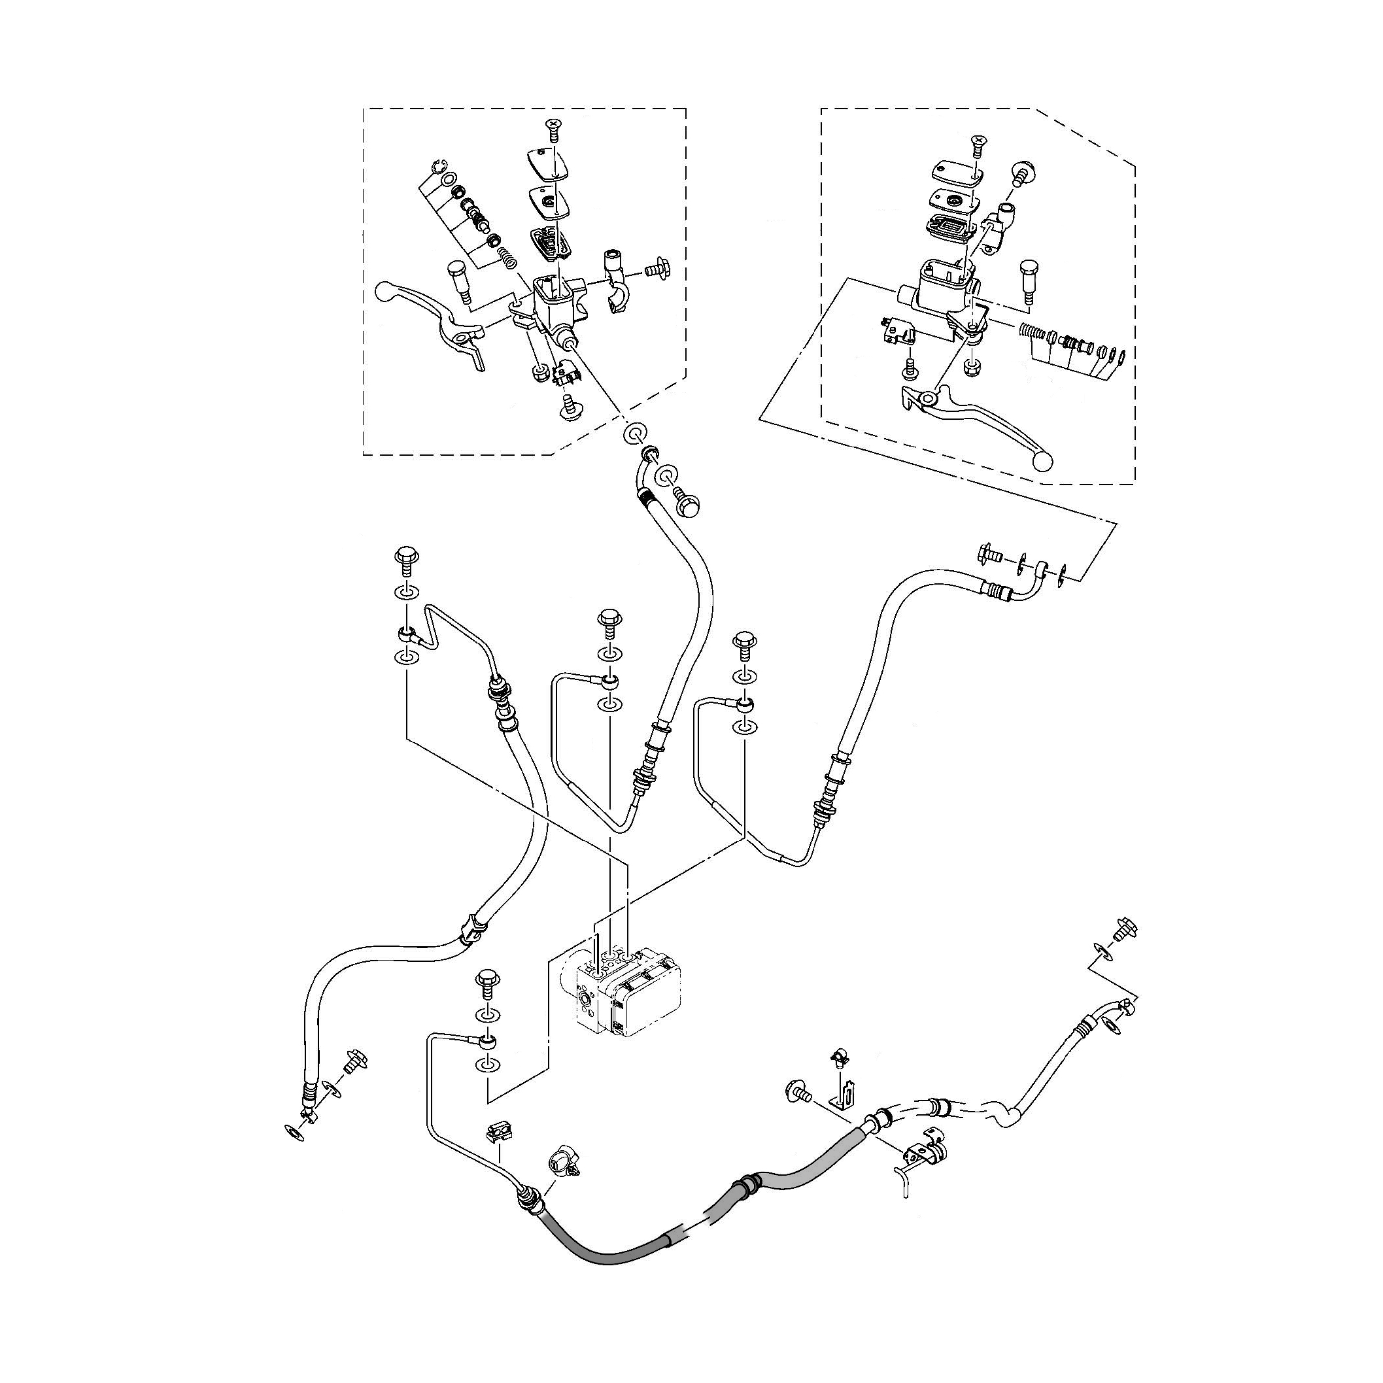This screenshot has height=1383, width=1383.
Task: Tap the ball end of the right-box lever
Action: click(x=1043, y=461)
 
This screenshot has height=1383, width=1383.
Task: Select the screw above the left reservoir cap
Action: click(x=553, y=130)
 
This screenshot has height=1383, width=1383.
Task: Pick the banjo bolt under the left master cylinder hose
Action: click(x=686, y=502)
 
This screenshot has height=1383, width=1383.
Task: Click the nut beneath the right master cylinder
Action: click(x=972, y=369)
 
